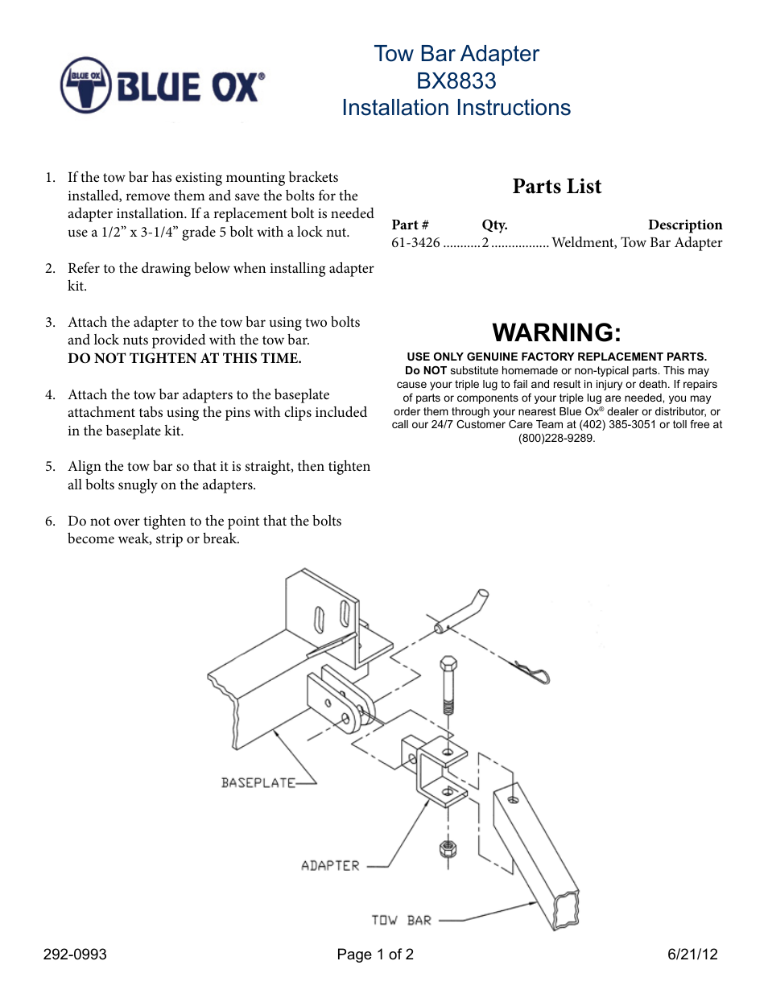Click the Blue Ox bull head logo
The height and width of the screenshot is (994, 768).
[85, 85]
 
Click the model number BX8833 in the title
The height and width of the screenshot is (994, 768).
[456, 81]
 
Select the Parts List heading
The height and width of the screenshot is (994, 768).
[556, 187]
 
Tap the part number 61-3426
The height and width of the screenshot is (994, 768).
[415, 243]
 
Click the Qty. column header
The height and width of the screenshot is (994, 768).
[494, 225]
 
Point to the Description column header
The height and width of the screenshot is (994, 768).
[684, 225]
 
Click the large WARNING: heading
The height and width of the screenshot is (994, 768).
[556, 332]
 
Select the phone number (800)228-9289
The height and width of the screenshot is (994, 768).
[556, 439]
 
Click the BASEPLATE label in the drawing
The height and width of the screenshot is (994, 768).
[258, 782]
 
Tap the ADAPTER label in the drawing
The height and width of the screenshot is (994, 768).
[330, 866]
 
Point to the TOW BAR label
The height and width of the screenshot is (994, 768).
[401, 920]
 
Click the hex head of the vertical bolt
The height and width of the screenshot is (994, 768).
[448, 664]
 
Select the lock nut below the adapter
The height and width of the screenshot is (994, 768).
[448, 848]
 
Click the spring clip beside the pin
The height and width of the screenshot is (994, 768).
[532, 670]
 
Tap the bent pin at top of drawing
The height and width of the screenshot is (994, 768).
[462, 612]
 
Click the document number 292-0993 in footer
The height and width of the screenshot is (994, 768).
[75, 955]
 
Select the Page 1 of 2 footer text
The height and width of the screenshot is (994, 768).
[375, 955]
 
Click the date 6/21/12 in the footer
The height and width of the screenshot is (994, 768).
[692, 955]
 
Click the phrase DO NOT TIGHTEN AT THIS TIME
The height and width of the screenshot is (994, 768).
[184, 359]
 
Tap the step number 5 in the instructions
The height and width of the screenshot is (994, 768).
[50, 467]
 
